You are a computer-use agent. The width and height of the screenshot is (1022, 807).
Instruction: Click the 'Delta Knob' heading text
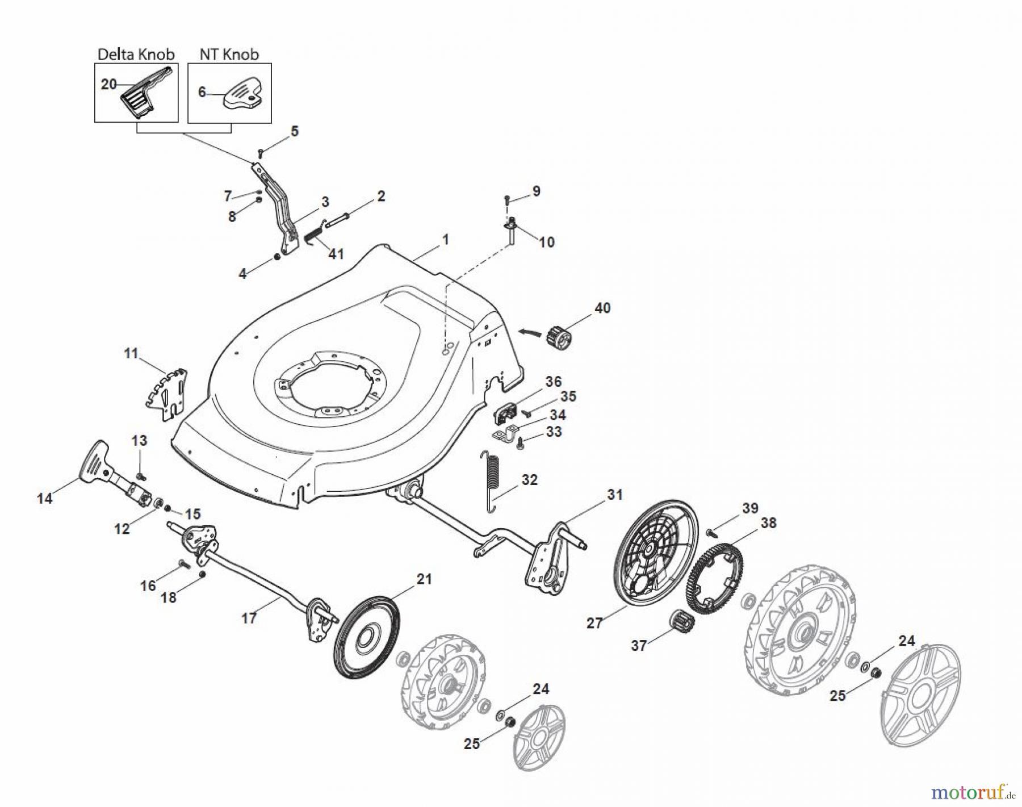coord(136,55)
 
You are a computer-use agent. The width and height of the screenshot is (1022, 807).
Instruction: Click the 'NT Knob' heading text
coord(229,55)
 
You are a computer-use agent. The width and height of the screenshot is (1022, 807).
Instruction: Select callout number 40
coord(602,308)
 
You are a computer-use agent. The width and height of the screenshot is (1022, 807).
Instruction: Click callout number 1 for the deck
coord(445,240)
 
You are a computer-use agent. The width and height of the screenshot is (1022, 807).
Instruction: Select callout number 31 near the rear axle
coord(614,495)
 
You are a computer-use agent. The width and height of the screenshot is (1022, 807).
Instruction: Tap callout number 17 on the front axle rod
coord(249,618)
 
